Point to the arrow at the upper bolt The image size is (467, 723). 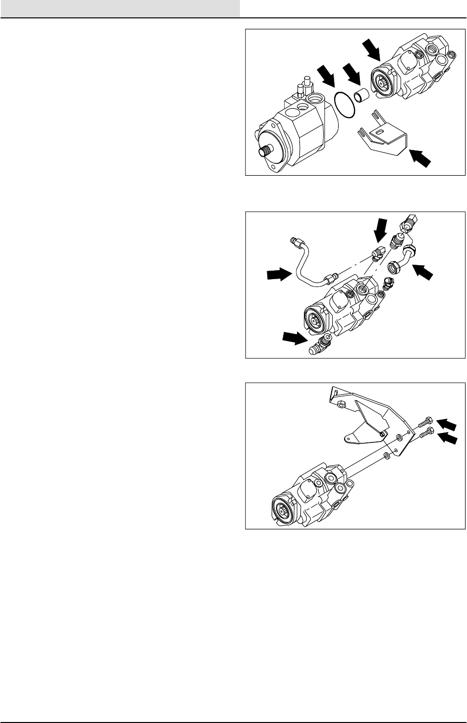click(x=446, y=424)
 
